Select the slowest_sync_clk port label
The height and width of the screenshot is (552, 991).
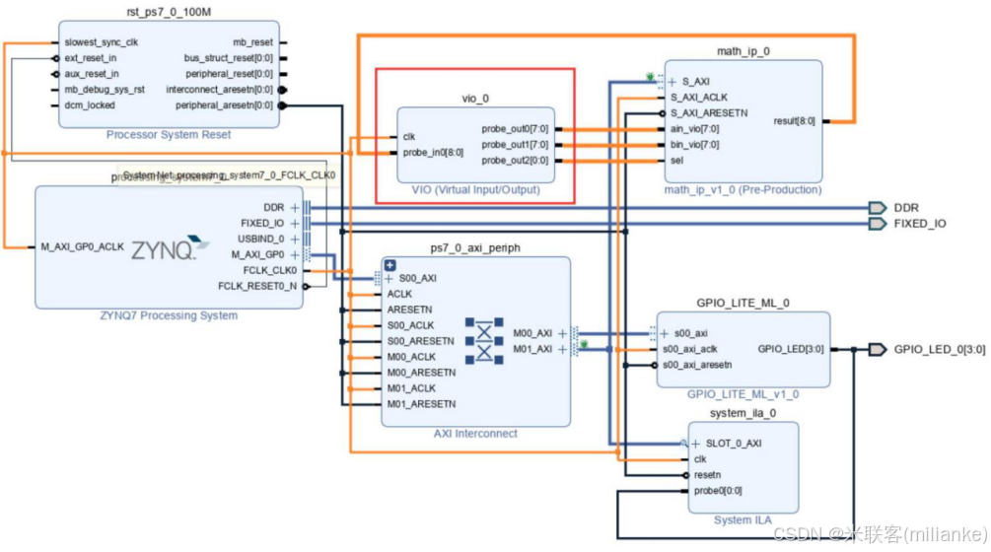coord(101,43)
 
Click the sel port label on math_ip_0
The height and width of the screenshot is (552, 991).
coord(677,161)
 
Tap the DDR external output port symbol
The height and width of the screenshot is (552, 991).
coord(877,208)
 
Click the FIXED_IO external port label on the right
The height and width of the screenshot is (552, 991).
coord(919,224)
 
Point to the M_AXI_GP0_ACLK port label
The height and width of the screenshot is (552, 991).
coord(83,247)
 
